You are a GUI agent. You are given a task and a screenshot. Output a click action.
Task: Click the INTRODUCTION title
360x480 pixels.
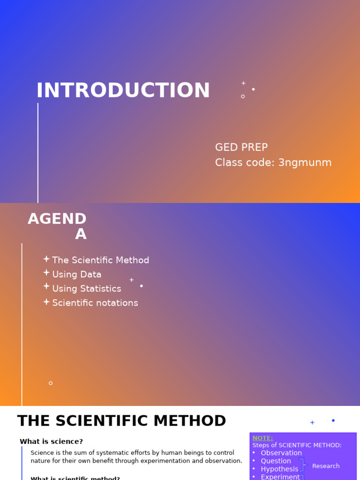123,91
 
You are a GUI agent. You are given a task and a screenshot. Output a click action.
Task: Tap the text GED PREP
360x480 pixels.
241,148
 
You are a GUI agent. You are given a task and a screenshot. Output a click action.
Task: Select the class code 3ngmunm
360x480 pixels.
305,163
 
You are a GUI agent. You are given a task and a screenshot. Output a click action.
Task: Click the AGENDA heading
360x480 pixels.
57,226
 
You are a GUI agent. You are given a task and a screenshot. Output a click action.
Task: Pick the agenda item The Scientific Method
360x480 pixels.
100,260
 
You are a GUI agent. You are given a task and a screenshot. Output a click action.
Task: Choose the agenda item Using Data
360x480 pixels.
76,275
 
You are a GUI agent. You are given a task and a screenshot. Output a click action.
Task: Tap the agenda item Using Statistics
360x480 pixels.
86,289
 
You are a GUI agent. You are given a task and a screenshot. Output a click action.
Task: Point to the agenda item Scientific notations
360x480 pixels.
95,303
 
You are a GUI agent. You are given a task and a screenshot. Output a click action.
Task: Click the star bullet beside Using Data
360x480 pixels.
46,273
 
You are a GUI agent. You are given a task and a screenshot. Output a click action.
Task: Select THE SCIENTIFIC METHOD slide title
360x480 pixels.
121,421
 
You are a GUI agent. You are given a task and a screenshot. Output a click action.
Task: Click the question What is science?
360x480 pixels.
51,442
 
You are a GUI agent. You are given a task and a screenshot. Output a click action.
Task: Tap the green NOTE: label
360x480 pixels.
262,438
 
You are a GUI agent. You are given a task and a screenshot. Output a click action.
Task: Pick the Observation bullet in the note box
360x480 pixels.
281,453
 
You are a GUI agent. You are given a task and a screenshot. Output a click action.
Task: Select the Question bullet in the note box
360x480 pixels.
276,461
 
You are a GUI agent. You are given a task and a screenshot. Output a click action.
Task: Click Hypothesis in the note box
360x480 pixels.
279,469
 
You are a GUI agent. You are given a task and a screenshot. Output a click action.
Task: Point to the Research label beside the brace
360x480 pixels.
326,466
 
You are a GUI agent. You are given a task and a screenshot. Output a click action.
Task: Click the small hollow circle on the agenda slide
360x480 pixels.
51,383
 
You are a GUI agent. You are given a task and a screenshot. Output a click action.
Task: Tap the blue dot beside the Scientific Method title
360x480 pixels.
333,420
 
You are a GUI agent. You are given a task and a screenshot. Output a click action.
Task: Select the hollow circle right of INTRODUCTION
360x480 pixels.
243,97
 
